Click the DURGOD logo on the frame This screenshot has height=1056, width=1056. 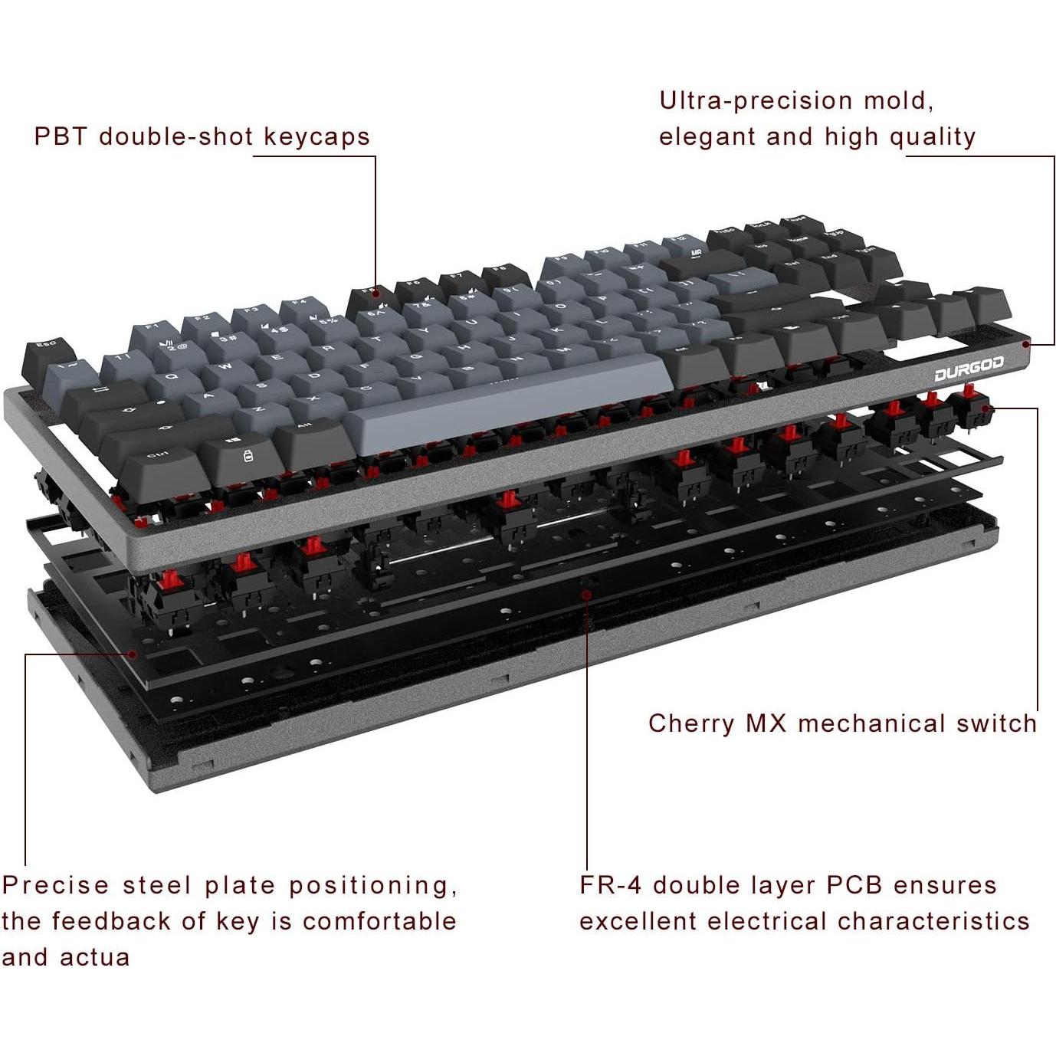pos(969,371)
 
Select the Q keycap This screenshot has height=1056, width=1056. pos(171,377)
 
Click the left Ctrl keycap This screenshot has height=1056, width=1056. pos(159,457)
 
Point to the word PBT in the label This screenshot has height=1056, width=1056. pos(61,136)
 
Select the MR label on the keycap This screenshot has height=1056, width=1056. pos(696,252)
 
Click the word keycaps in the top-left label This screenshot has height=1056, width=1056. pos(316,136)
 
